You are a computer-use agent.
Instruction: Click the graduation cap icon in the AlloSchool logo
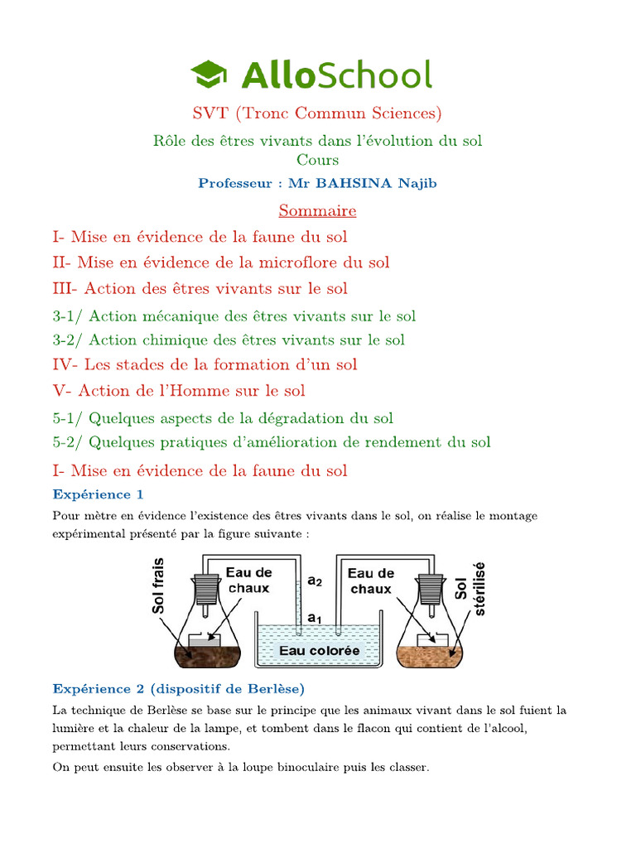point(210,74)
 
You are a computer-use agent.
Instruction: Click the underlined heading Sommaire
point(317,210)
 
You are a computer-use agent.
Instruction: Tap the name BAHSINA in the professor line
point(364,183)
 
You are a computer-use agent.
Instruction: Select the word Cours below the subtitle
point(317,159)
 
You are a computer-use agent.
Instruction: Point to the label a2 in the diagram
point(315,581)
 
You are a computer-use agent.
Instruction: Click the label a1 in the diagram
point(315,618)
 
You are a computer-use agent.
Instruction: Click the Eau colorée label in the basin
point(319,651)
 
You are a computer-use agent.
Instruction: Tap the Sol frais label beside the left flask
point(159,585)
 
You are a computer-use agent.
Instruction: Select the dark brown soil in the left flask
point(206,657)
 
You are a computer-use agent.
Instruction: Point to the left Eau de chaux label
point(248,581)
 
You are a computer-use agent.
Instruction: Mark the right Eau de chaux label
point(370,581)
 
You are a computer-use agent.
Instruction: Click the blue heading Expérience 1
point(99,494)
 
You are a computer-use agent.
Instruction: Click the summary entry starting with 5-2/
point(272,442)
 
